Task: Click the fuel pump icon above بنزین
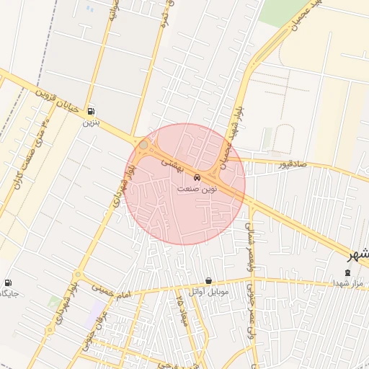[91, 112]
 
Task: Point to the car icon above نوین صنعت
[198, 177]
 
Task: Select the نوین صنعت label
[197, 188]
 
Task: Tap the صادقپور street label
[293, 165]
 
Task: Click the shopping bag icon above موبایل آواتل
[208, 280]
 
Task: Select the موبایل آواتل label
[208, 292]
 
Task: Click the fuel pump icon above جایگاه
[8, 283]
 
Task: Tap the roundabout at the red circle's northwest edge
[143, 146]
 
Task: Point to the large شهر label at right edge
[358, 256]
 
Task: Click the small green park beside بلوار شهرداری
[55, 301]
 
